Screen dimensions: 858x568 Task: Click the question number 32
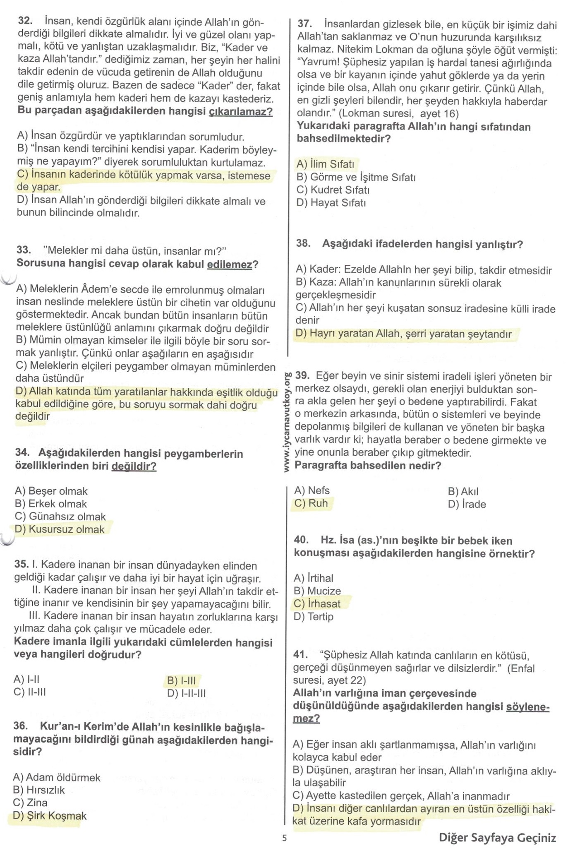click(25, 21)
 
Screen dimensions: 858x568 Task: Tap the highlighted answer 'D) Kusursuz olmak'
click(60, 529)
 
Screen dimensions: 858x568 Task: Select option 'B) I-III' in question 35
click(182, 680)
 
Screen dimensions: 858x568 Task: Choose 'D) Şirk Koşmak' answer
click(50, 815)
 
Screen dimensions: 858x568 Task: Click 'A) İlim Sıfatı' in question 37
click(326, 164)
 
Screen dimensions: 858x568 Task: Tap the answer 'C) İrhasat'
click(317, 603)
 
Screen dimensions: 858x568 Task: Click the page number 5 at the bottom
click(284, 838)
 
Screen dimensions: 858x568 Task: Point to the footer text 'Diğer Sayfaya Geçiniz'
click(497, 838)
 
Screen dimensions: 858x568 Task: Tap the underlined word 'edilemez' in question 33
click(230, 264)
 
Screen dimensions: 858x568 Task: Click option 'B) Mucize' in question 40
click(317, 591)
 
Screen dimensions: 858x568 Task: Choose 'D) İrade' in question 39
click(467, 504)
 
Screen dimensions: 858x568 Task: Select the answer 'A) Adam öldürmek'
click(57, 777)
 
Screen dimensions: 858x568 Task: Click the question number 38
click(304, 243)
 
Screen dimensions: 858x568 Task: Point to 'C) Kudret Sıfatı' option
click(333, 190)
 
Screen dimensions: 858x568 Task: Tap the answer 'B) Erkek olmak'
click(51, 504)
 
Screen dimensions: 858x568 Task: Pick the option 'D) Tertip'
click(314, 616)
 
